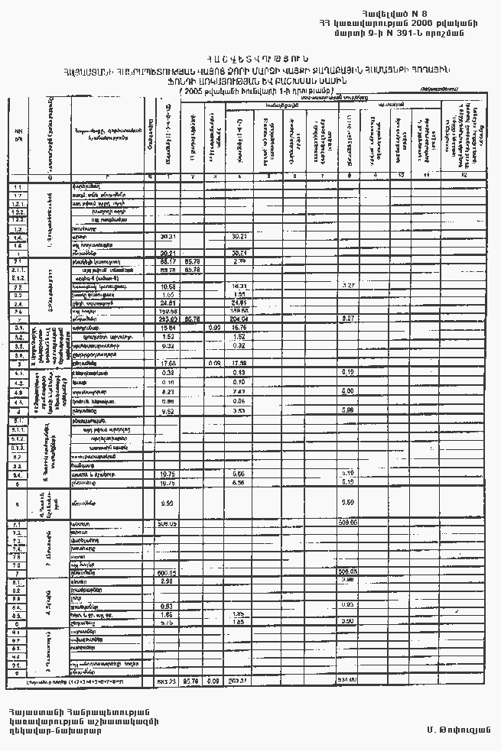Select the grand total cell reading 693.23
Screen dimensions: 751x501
167,681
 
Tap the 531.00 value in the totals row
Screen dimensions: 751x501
349,681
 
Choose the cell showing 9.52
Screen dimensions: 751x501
168,410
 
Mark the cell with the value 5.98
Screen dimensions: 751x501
348,410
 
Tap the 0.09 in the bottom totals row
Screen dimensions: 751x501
215,681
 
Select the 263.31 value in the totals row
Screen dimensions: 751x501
239,681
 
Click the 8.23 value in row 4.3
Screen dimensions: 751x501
168,391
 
